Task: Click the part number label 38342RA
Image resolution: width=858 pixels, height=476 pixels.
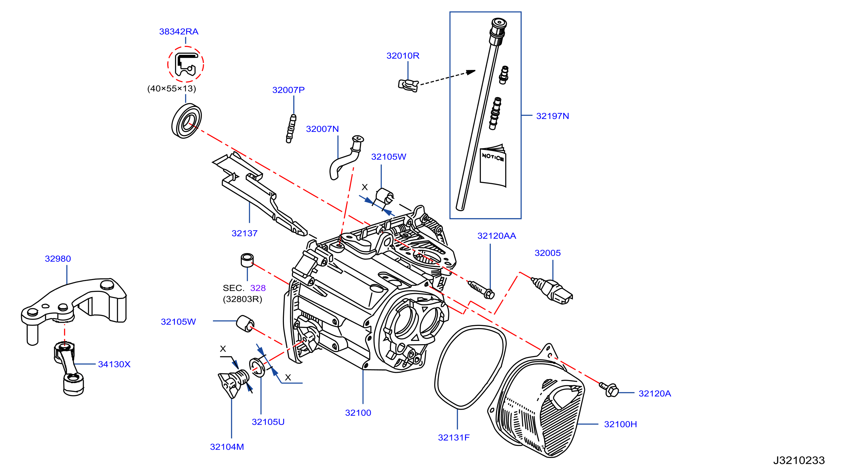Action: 179,31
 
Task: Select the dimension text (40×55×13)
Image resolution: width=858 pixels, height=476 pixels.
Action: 172,89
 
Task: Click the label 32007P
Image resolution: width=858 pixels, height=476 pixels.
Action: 288,90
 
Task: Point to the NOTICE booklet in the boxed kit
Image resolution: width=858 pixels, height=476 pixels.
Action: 493,166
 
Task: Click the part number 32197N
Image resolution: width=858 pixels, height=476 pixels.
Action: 553,116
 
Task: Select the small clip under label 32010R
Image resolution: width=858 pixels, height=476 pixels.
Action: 408,85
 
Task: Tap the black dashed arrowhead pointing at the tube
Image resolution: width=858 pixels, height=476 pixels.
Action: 471,72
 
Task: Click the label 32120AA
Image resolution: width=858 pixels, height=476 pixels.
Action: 497,236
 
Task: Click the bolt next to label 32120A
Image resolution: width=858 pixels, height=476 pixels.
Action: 609,389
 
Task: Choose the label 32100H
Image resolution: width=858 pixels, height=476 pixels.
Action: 621,424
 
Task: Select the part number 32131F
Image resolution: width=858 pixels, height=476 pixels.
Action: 454,438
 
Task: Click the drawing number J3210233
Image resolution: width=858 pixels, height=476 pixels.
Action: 799,460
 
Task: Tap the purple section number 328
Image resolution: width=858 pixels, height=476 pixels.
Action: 258,288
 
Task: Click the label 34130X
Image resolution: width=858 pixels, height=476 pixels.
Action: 114,364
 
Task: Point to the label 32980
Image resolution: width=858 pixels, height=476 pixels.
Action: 58,259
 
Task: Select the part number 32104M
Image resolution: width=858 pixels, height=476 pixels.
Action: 227,447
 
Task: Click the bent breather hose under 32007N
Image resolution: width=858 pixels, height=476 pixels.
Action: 346,157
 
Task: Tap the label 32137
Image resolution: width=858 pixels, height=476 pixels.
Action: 244,234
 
